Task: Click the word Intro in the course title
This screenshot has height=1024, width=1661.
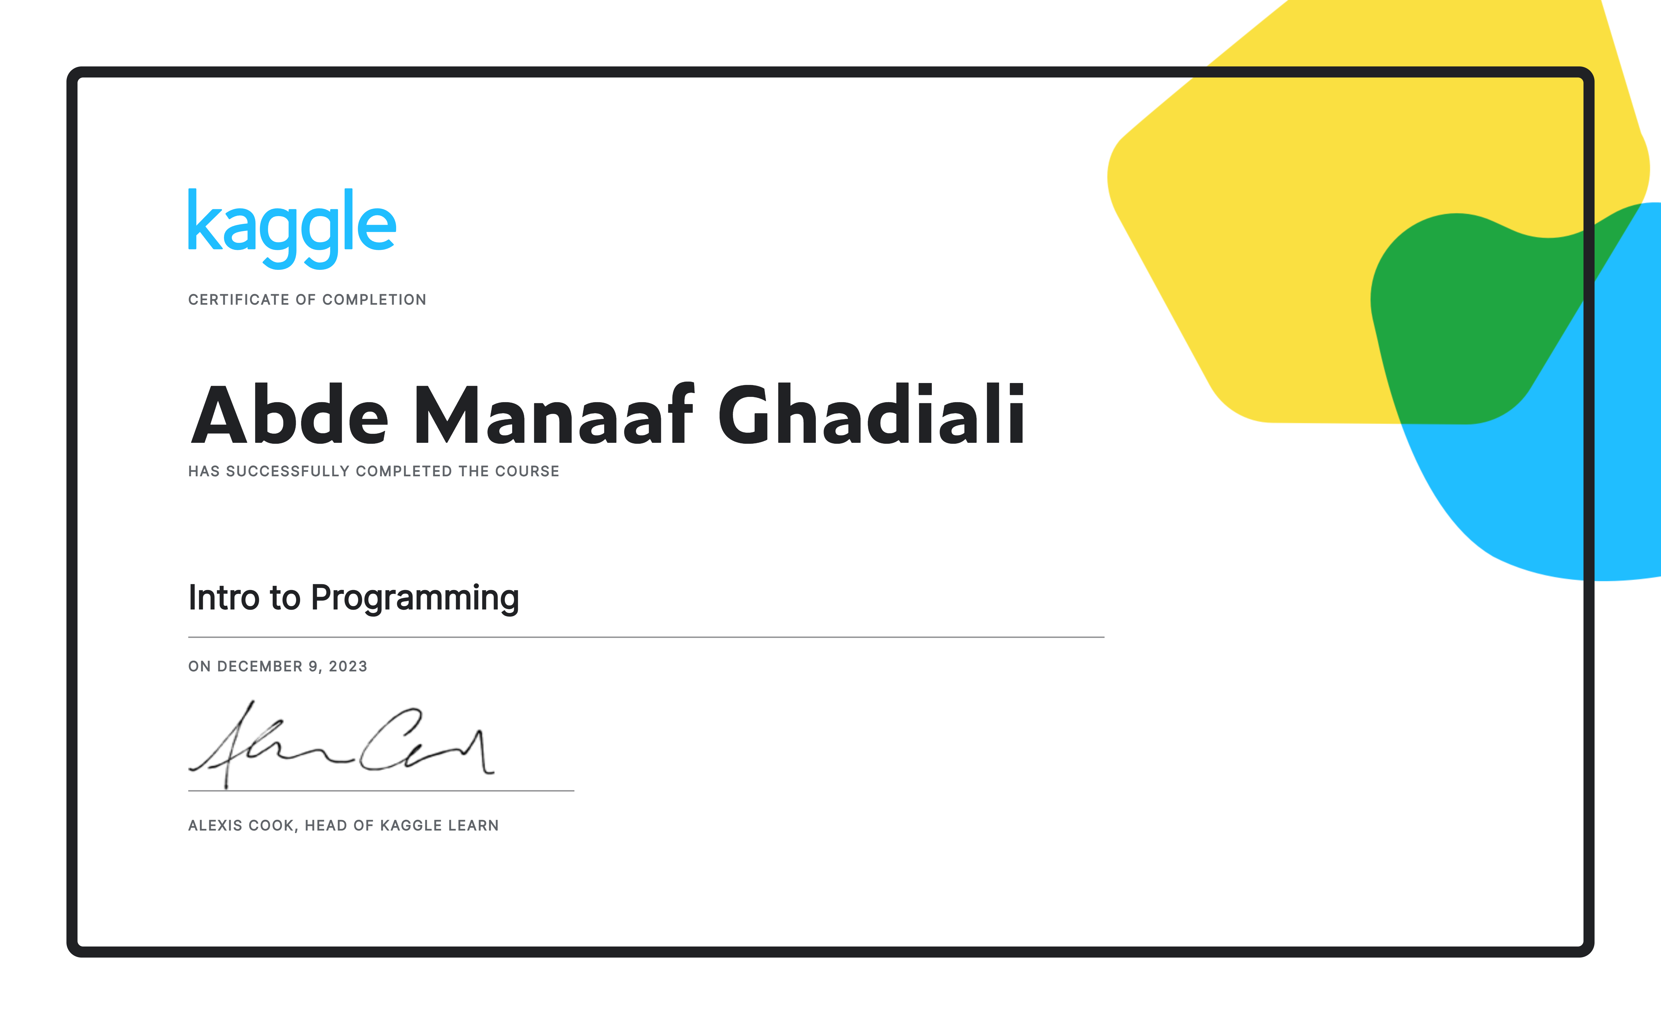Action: pos(224,597)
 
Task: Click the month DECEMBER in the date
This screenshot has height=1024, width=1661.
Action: pos(259,666)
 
